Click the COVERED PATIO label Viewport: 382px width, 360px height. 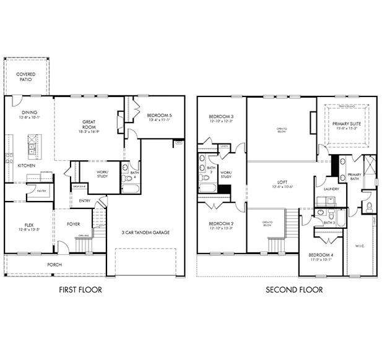[x=26, y=77]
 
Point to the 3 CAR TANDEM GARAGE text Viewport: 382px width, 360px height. [x=146, y=233]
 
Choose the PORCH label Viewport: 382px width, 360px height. [x=55, y=264]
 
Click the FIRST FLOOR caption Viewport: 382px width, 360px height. [x=80, y=289]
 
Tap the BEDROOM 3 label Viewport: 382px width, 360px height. [x=221, y=117]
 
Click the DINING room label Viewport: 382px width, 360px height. [x=29, y=113]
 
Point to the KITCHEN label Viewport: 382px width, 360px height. [x=26, y=166]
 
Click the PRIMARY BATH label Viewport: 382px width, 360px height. [x=354, y=176]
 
